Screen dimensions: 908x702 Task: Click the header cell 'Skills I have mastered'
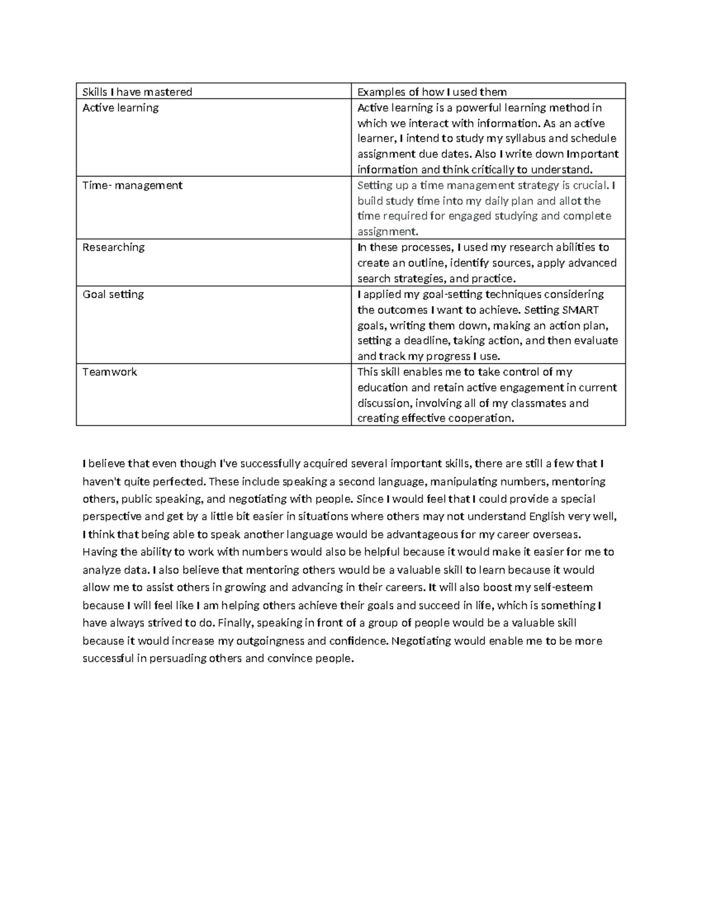(137, 92)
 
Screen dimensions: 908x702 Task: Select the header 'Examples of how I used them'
(432, 92)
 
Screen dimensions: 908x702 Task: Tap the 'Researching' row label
(113, 247)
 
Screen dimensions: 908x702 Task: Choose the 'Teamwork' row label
(109, 372)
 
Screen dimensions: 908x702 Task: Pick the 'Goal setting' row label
(113, 294)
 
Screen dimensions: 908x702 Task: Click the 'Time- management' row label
(132, 185)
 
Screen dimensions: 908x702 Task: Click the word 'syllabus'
(523, 139)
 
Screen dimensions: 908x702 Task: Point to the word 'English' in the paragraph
(548, 517)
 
